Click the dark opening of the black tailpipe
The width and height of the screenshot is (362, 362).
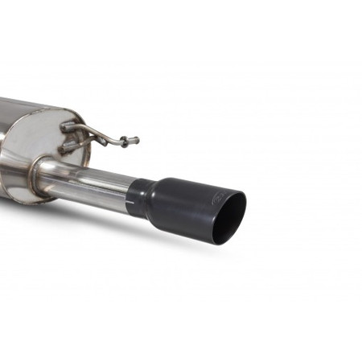(x=230, y=217)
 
